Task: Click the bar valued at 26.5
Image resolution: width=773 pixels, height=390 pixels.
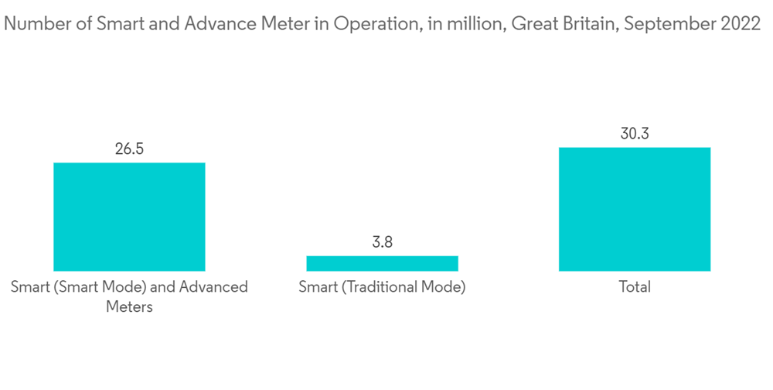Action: tap(129, 217)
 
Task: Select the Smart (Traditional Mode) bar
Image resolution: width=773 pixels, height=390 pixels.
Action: tap(382, 263)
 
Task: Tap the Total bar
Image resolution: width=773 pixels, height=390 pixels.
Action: tap(634, 209)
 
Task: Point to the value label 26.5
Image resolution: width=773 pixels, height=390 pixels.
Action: tap(129, 149)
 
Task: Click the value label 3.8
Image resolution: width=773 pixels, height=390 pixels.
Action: tap(382, 242)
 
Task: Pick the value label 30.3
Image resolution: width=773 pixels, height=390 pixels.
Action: tap(634, 134)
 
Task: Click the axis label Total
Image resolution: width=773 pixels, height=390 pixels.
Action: tap(634, 287)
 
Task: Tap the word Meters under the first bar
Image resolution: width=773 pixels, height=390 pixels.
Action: tap(129, 306)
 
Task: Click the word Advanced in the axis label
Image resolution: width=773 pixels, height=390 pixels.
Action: tap(213, 287)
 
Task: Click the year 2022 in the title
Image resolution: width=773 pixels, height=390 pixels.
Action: tap(740, 24)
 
